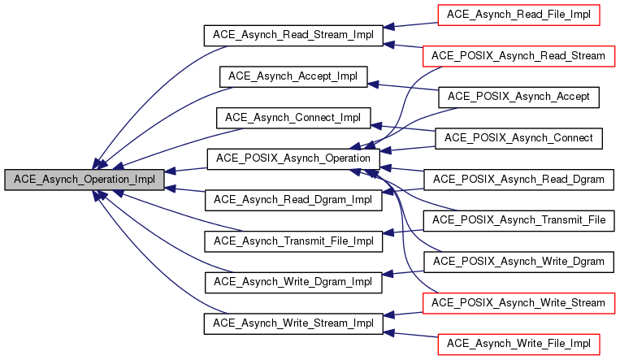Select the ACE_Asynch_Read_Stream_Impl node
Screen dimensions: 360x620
click(293, 35)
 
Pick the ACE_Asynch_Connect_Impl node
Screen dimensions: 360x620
click(293, 117)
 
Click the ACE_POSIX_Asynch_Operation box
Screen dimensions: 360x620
click(293, 158)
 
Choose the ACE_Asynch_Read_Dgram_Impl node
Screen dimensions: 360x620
click(293, 200)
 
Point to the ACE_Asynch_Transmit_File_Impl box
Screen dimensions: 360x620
click(293, 241)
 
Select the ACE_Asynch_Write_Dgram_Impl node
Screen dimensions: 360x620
click(293, 282)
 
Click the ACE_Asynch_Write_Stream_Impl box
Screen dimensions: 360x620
click(293, 323)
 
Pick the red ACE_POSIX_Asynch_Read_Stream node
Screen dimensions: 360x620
click(518, 56)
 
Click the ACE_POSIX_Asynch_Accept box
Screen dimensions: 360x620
click(518, 97)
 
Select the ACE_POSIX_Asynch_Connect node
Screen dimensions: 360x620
click(518, 138)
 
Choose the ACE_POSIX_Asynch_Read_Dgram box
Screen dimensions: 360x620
click(518, 179)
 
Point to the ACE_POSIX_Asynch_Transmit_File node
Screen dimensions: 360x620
click(518, 220)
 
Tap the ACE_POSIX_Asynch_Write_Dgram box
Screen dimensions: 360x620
click(518, 262)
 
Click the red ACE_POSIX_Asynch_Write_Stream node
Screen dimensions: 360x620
click(518, 303)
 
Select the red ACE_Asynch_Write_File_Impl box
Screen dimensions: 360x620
click(518, 344)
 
